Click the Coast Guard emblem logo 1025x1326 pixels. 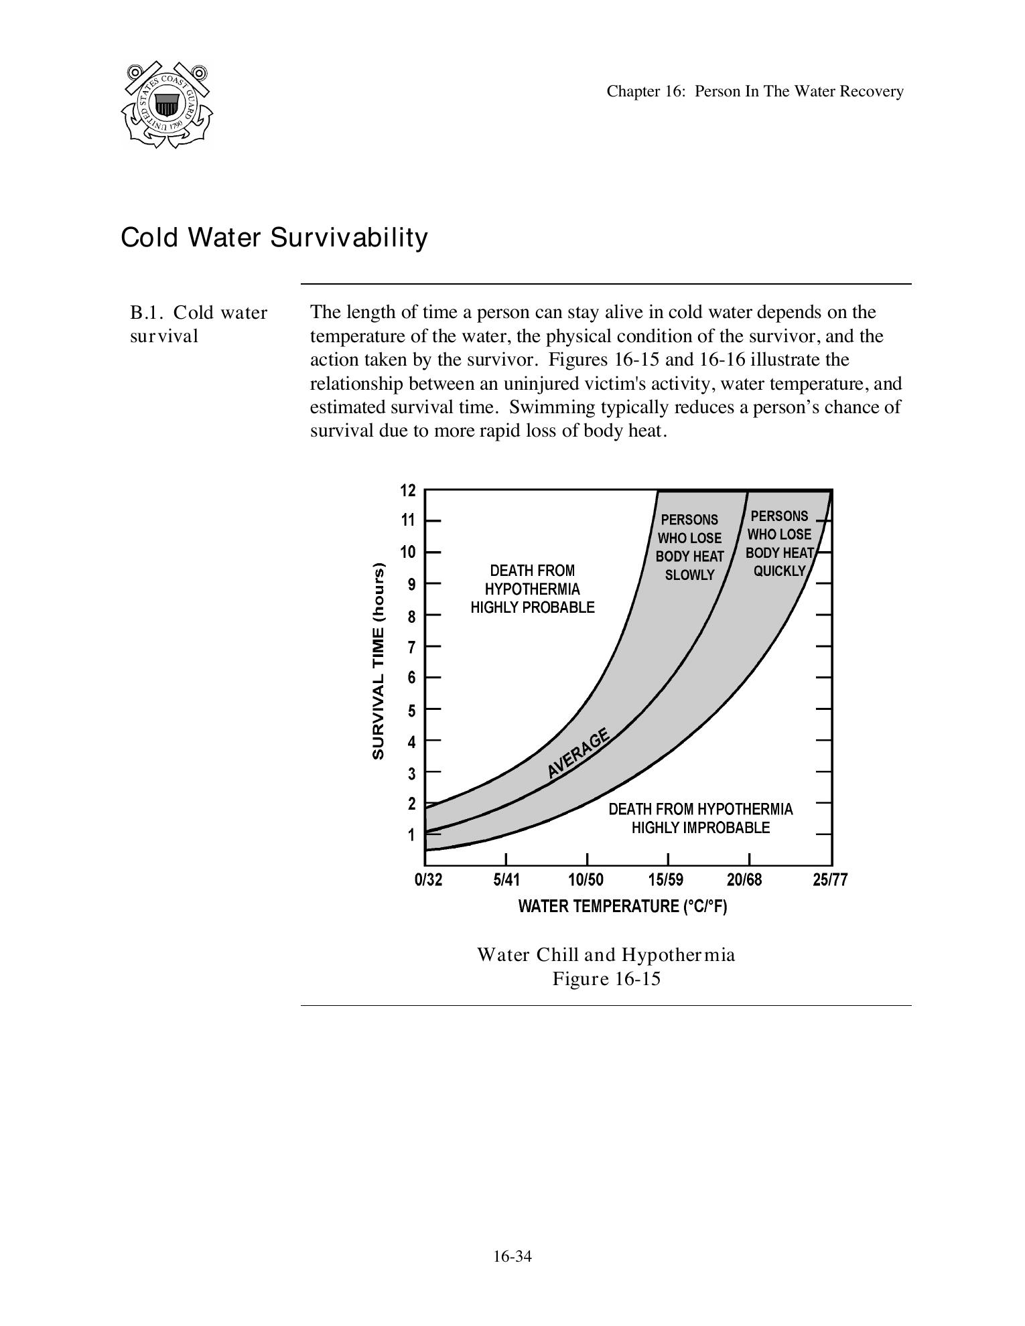coord(167,105)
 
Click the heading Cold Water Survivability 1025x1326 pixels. coord(273,238)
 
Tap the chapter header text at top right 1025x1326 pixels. coord(754,92)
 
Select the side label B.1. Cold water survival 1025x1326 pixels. coord(198,324)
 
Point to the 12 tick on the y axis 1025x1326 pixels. coord(408,491)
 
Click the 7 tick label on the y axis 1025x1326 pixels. coord(411,647)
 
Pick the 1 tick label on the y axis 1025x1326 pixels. coord(411,835)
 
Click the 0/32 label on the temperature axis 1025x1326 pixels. coord(428,880)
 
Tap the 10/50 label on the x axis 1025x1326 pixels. coord(586,880)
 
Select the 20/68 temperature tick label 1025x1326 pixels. coord(744,880)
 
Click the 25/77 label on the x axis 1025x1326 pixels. coord(830,880)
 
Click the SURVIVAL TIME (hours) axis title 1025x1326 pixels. coord(379,662)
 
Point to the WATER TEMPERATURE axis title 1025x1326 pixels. coord(622,907)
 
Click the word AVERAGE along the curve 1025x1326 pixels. coord(578,753)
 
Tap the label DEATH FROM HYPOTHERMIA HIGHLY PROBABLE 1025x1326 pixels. coord(533,589)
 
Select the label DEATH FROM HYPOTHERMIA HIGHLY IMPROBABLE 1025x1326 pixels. coord(700,818)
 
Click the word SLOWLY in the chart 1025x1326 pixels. coord(689,575)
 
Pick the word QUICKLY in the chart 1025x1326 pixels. coord(779,571)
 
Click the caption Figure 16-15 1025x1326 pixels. coord(606,979)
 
